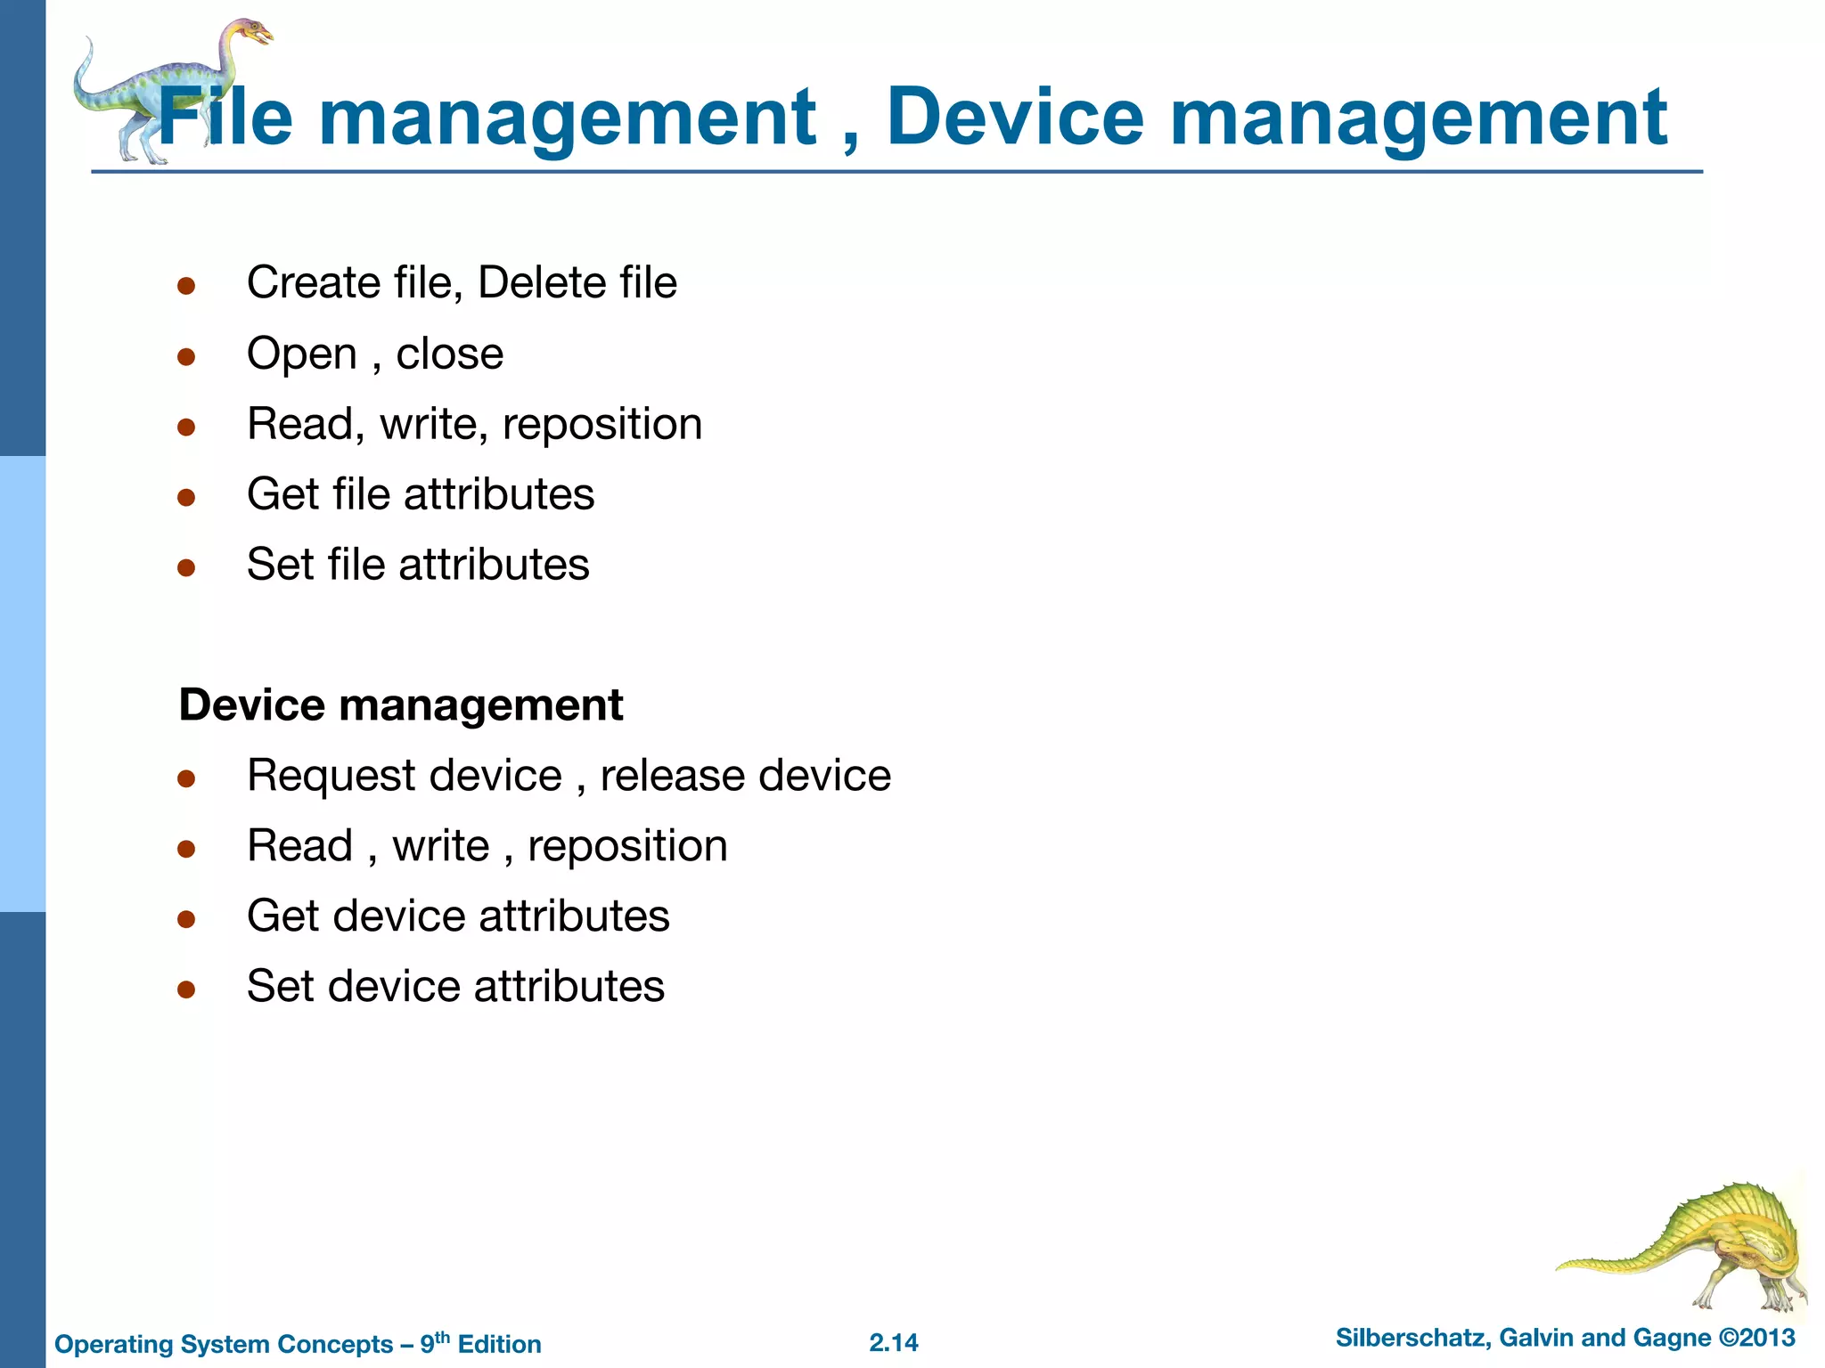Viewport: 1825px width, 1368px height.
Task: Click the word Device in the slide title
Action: coord(1015,118)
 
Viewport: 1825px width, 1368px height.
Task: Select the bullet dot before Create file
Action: coord(186,286)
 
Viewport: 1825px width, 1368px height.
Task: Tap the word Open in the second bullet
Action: coord(301,354)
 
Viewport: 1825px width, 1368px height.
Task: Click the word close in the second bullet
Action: coord(449,354)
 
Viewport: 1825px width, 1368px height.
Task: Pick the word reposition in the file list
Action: coord(602,425)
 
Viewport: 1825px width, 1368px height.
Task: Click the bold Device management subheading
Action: coord(401,705)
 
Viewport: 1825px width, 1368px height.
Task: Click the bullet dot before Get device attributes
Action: coord(186,918)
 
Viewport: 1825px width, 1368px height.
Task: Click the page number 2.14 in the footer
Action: coord(894,1343)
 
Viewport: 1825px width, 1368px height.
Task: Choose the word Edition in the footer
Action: coord(499,1344)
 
